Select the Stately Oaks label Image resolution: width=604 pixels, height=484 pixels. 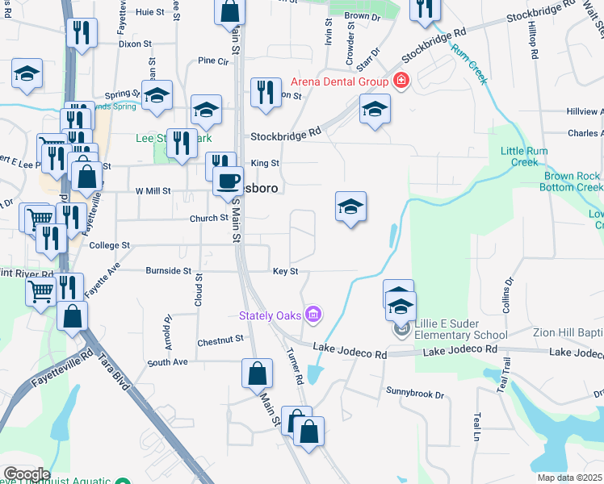tap(272, 314)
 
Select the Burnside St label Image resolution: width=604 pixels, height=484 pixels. tap(168, 271)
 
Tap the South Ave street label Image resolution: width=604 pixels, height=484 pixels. tap(167, 362)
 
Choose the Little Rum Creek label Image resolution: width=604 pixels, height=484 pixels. tap(524, 156)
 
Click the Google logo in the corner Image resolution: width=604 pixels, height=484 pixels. tap(26, 474)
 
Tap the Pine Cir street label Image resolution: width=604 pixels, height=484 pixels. tap(214, 60)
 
